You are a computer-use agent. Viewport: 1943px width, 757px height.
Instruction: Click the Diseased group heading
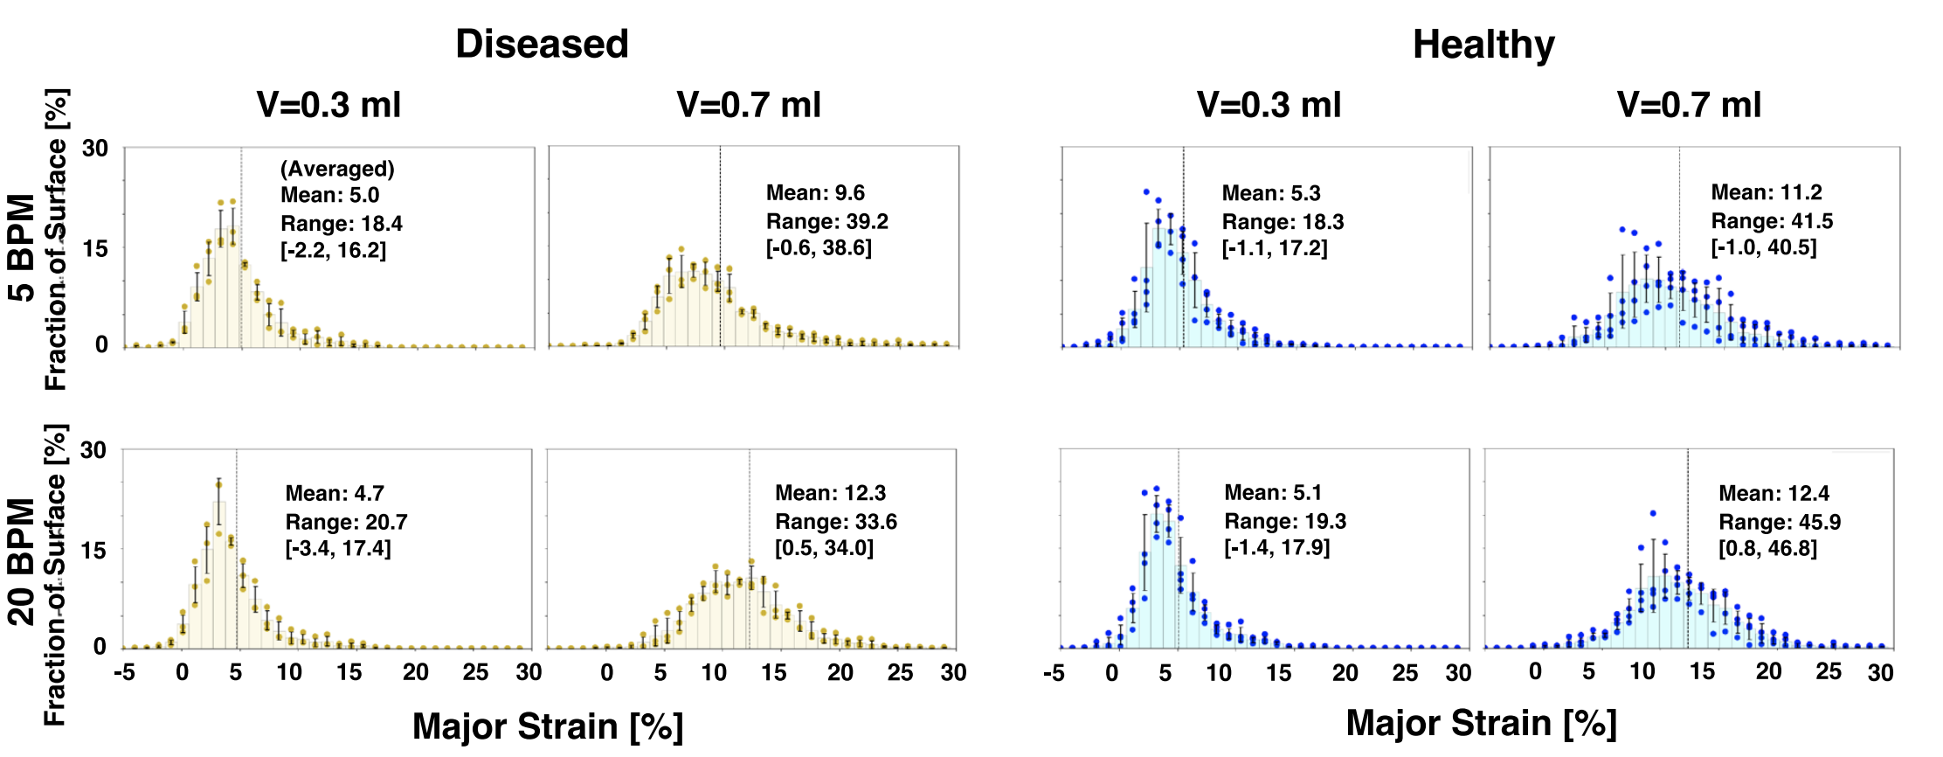click(x=542, y=44)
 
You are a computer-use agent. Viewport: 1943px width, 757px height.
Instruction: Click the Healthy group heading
click(x=1483, y=45)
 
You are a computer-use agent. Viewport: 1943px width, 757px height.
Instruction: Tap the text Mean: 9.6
click(x=815, y=193)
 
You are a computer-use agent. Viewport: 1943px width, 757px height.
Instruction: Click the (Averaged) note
click(x=337, y=169)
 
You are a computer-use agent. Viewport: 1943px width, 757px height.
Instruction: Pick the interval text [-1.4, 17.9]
click(x=1276, y=548)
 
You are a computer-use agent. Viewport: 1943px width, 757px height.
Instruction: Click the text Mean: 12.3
click(x=830, y=493)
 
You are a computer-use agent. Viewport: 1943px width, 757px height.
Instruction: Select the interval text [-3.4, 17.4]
click(x=338, y=549)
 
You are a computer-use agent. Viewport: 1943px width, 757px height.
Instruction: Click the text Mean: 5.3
click(x=1271, y=193)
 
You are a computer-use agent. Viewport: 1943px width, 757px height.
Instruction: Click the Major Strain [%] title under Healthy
click(x=1481, y=724)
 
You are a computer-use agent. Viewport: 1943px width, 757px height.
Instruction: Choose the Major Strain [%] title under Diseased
click(x=548, y=727)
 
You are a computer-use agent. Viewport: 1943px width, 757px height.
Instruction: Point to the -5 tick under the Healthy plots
click(x=1054, y=673)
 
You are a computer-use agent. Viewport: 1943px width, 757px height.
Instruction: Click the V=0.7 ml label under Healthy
click(x=1689, y=105)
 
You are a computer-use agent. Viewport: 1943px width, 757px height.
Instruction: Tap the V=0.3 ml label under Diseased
click(x=328, y=105)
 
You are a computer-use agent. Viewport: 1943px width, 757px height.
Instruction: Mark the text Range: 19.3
click(x=1285, y=522)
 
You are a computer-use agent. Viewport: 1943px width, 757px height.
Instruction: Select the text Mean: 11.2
click(x=1767, y=192)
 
